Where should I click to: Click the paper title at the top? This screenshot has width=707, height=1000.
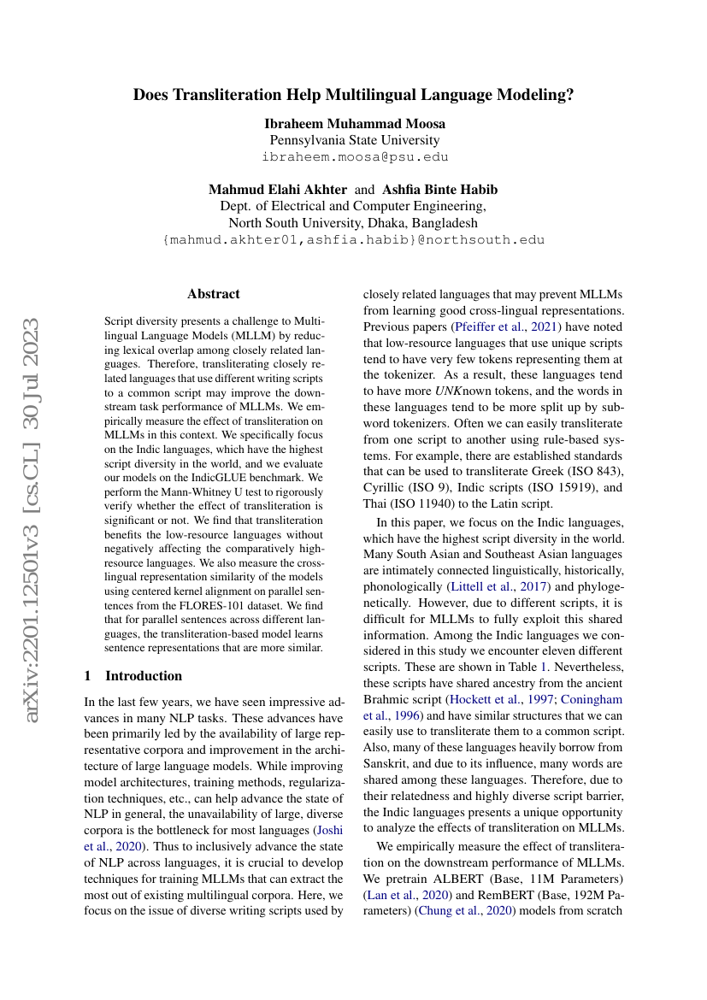[x=353, y=95]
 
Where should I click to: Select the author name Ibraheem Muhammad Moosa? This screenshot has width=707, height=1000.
[x=355, y=123]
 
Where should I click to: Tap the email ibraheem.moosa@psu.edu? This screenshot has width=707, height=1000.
[x=355, y=157]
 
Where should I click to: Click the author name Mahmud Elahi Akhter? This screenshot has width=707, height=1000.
[x=277, y=190]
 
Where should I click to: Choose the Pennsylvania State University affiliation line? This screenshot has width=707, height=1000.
[x=355, y=140]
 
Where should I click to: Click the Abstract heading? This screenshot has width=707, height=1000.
[x=214, y=294]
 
